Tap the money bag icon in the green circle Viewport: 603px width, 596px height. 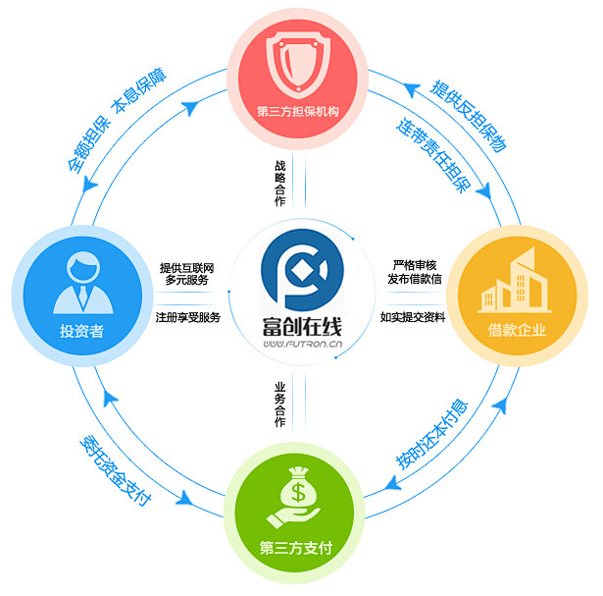[x=302, y=498]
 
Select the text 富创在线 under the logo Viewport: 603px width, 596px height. [x=301, y=325]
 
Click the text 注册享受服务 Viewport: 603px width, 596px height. [x=188, y=317]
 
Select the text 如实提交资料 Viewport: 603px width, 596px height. [x=413, y=317]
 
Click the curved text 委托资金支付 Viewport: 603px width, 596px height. [x=116, y=469]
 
